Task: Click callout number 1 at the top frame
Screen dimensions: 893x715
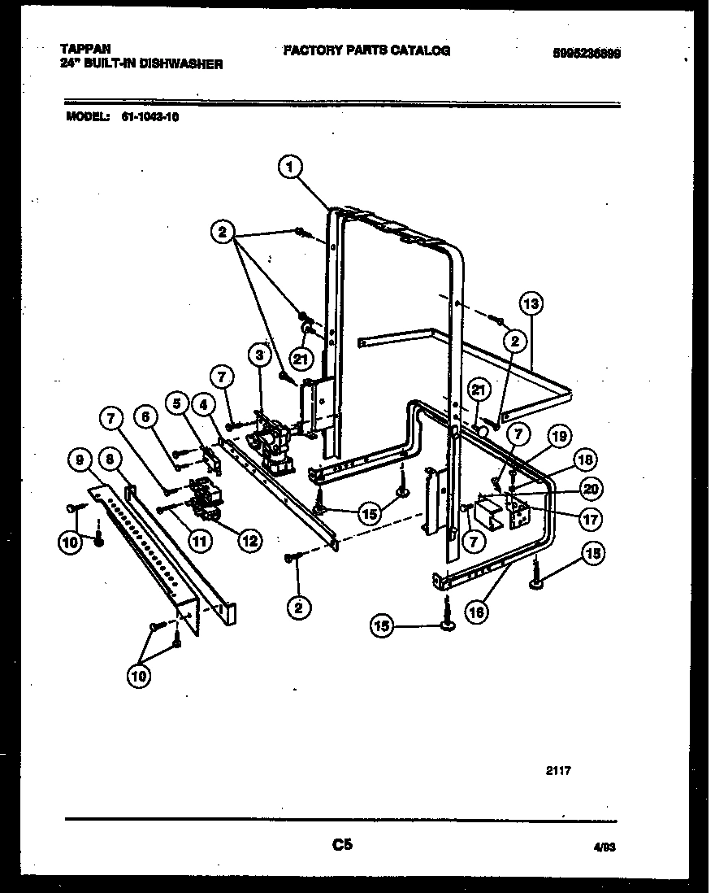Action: pyautogui.click(x=289, y=167)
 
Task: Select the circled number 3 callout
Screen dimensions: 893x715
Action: pyautogui.click(x=259, y=355)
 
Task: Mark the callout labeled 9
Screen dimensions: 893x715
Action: pyautogui.click(x=79, y=460)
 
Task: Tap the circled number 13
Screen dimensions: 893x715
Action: pyautogui.click(x=530, y=305)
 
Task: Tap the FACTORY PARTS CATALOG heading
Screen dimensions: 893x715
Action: pyautogui.click(x=366, y=50)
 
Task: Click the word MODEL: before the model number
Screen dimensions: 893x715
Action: pyautogui.click(x=87, y=116)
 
